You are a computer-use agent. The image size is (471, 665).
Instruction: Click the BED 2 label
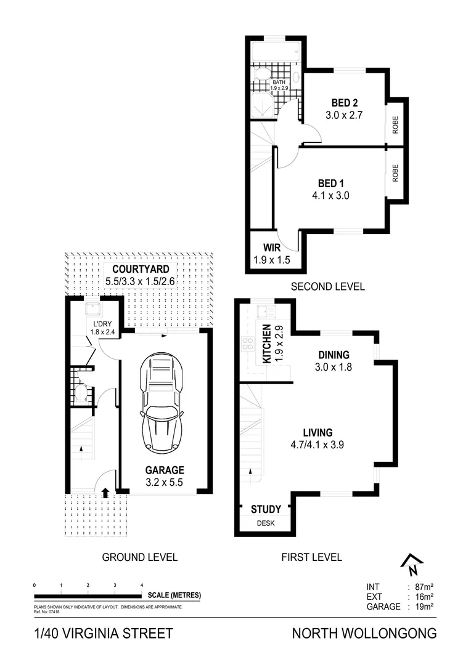click(345, 103)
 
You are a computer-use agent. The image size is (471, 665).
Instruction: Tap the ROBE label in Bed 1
click(395, 172)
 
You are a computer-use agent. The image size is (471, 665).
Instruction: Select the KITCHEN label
click(268, 344)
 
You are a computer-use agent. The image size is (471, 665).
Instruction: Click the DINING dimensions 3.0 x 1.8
click(334, 366)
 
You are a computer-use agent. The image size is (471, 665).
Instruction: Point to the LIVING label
click(317, 432)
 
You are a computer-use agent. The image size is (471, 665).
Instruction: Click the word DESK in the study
click(266, 523)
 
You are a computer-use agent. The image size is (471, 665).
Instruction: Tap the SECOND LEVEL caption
click(327, 286)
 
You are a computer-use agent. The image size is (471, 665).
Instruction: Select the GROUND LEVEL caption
click(139, 557)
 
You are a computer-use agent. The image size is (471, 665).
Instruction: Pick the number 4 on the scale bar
click(142, 584)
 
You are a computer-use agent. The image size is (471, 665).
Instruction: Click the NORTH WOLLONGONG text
click(364, 633)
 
